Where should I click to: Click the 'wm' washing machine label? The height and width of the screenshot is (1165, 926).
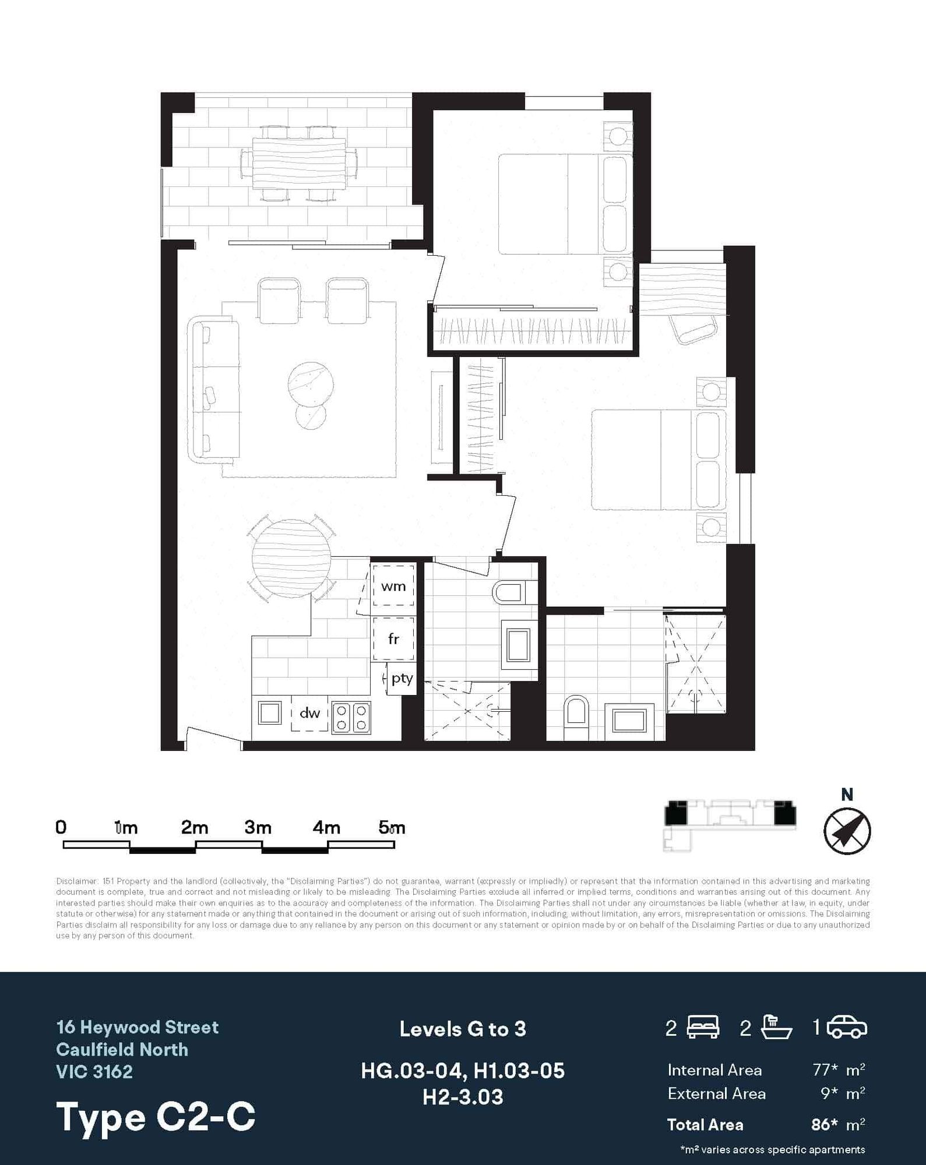(x=393, y=587)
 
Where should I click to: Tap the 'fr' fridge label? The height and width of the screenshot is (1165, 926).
(x=393, y=639)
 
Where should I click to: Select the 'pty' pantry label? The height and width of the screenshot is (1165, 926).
(x=402, y=679)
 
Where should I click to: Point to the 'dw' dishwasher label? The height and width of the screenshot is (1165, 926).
(x=309, y=712)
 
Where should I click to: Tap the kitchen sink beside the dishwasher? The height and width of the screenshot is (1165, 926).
(x=269, y=713)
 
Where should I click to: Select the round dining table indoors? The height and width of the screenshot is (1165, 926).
(x=291, y=559)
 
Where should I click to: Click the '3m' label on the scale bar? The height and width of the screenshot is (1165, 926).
(x=258, y=827)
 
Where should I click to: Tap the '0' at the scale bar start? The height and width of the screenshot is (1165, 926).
(x=61, y=827)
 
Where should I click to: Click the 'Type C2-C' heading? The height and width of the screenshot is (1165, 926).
(x=156, y=1117)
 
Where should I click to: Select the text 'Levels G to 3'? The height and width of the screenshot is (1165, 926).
(x=463, y=1029)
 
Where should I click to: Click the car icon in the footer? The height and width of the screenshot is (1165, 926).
(x=847, y=1027)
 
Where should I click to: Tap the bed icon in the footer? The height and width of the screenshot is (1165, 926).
(x=703, y=1027)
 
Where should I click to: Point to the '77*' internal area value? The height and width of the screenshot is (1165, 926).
(x=825, y=1070)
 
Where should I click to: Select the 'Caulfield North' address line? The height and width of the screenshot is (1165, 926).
(x=122, y=1050)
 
